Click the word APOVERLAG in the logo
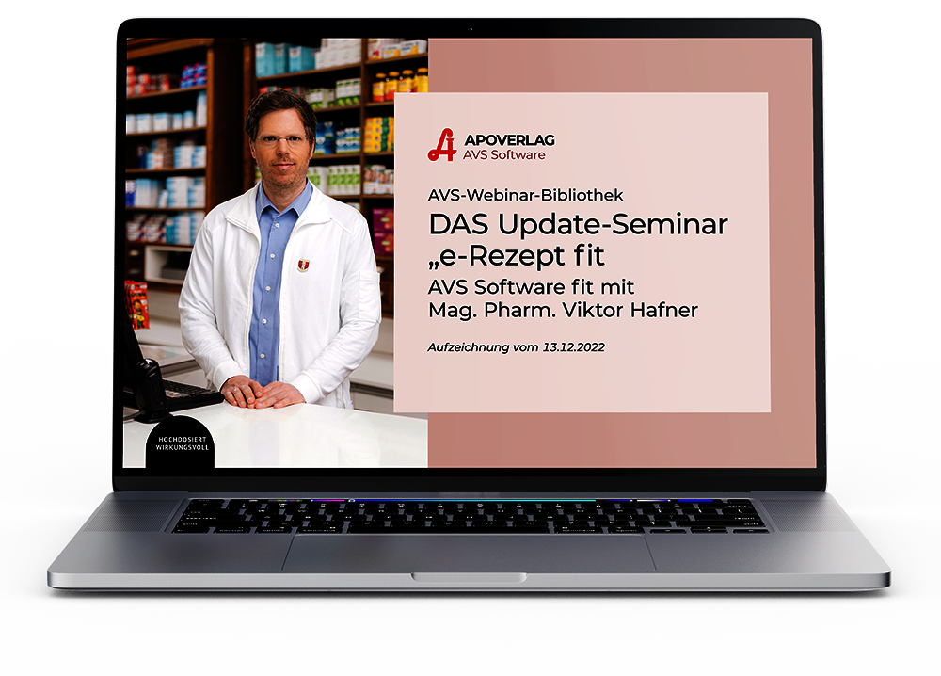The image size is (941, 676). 509,140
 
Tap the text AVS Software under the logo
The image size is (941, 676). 504,155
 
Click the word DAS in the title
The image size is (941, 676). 459,224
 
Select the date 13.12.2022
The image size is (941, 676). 574,347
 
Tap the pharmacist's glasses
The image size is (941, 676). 281,141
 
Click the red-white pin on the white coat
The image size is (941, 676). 304,265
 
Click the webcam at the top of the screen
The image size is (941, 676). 470,29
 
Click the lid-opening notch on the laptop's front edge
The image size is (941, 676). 469,577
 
